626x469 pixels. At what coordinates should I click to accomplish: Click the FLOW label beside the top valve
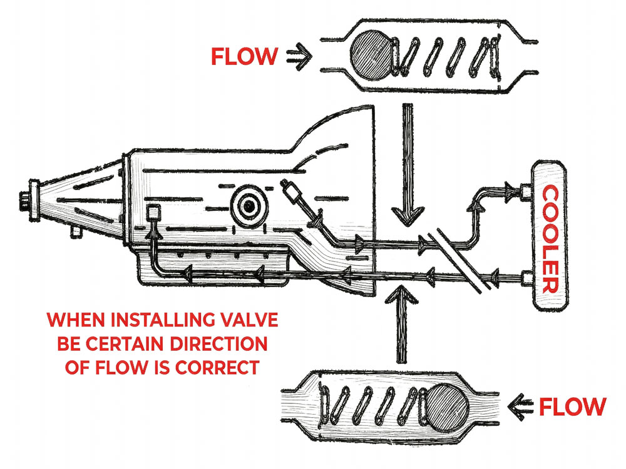pos(244,56)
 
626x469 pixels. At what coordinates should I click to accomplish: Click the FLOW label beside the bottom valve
pos(572,406)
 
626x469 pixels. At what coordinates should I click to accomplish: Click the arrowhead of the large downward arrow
pos(408,216)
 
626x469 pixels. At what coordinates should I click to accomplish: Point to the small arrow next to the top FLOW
pos(299,57)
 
